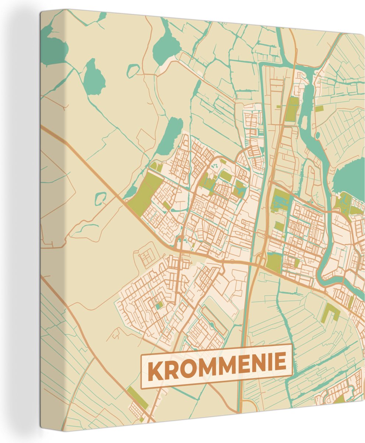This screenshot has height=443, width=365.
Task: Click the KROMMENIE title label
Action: click(216, 366)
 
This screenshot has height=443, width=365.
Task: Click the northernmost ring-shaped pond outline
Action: click(133, 71)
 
